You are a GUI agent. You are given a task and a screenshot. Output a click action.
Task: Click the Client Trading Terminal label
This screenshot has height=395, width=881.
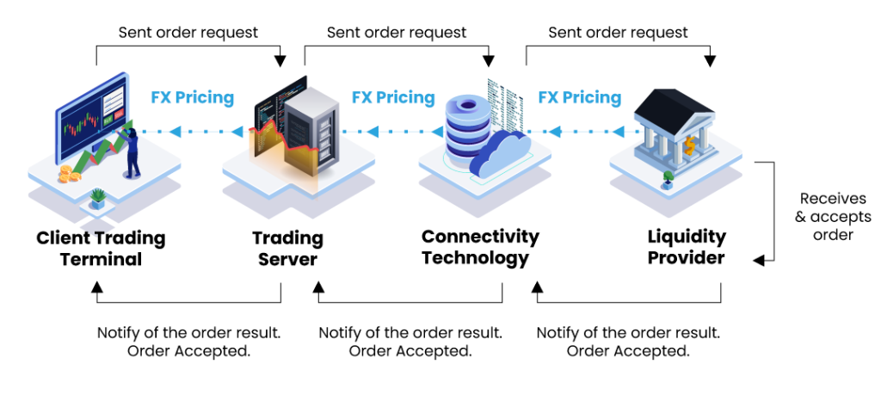101,248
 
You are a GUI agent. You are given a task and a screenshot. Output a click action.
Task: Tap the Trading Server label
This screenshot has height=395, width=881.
287,248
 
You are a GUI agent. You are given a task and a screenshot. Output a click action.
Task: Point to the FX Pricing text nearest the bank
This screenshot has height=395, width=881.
579,97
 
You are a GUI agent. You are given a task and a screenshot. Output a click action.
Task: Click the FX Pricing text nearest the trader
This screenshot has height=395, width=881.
192,97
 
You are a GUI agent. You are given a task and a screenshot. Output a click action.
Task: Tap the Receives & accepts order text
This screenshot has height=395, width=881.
832,216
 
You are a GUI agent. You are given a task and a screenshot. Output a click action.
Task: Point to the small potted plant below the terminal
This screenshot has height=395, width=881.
97,199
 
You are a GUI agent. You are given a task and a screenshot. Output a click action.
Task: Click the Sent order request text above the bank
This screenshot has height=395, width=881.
618,33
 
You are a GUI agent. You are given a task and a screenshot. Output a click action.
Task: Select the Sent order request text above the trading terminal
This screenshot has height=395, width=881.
188,33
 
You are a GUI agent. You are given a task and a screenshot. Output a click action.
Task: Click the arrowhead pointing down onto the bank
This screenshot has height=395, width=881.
709,60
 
